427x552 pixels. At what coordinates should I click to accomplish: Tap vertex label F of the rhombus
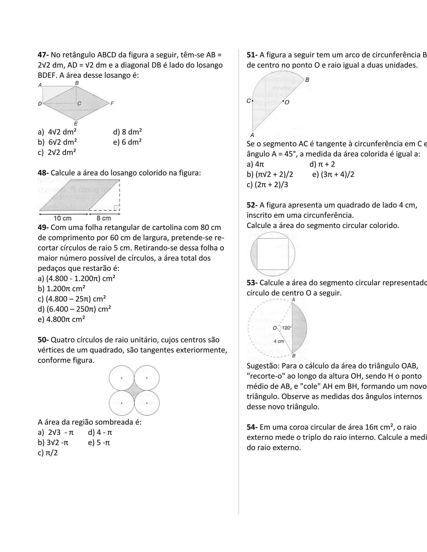pyautogui.click(x=112, y=103)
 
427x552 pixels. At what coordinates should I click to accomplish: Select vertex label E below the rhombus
pyautogui.click(x=76, y=124)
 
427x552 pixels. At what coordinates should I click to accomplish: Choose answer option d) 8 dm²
pyautogui.click(x=127, y=132)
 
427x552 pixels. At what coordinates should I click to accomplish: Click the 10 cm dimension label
pyautogui.click(x=63, y=218)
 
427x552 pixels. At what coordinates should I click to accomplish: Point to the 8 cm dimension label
pyautogui.click(x=104, y=218)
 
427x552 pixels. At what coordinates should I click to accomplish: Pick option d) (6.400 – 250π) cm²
pyautogui.click(x=74, y=309)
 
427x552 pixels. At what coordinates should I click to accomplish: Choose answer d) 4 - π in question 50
pyautogui.click(x=100, y=432)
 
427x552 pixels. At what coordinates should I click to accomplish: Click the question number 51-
pyautogui.click(x=252, y=55)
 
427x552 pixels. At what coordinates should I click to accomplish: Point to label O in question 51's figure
pyautogui.click(x=287, y=102)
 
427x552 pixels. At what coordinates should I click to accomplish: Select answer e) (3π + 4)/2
pyautogui.click(x=333, y=174)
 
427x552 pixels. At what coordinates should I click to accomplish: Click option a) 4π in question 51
pyautogui.click(x=255, y=164)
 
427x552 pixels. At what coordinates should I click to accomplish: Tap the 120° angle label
pyautogui.click(x=287, y=328)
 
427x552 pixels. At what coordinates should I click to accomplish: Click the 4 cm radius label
pyautogui.click(x=279, y=341)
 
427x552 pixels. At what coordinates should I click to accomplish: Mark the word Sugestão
pyautogui.click(x=262, y=366)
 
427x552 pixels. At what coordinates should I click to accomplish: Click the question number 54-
pyautogui.click(x=252, y=427)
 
